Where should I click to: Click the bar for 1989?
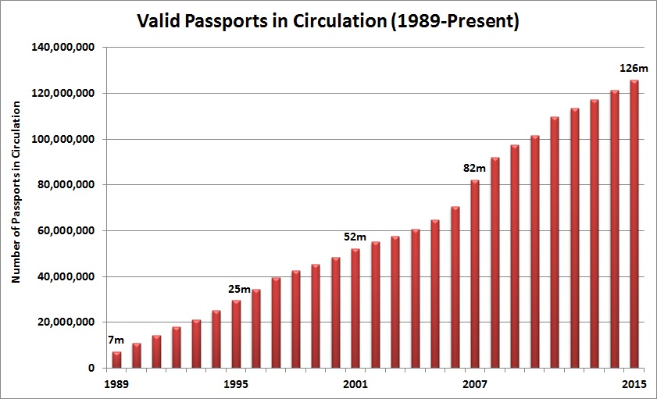116,360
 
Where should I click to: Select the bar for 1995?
236,334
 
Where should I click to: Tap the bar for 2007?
475,274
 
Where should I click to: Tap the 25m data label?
240,290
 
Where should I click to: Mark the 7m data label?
116,340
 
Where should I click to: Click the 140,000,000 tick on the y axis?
66,48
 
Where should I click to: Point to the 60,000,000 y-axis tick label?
69,231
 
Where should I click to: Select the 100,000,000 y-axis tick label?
66,139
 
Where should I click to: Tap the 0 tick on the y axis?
91,369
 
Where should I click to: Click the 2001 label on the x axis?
355,385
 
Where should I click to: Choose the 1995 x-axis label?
236,385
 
